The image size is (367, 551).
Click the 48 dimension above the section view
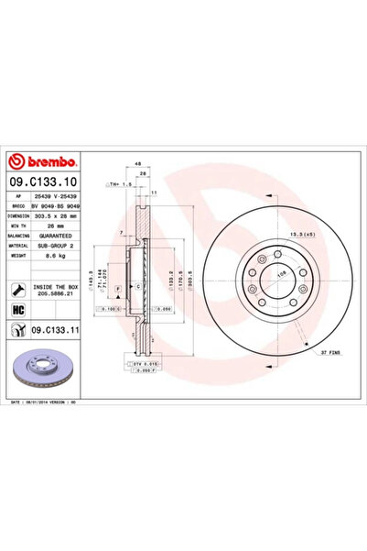click(x=137, y=165)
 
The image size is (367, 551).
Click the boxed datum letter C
click(x=136, y=287)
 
